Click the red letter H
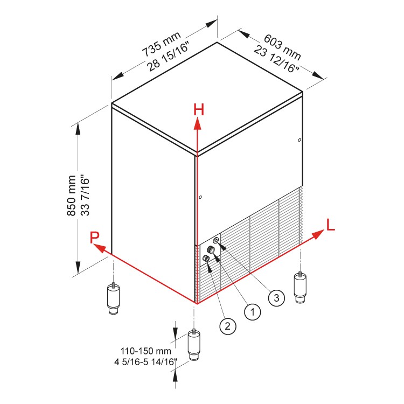coord(199,110)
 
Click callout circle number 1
coord(252,311)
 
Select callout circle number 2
coord(227,325)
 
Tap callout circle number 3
coord(276,297)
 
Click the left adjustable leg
coord(113,299)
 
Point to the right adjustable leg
coord(300,288)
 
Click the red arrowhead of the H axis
coord(198,124)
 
